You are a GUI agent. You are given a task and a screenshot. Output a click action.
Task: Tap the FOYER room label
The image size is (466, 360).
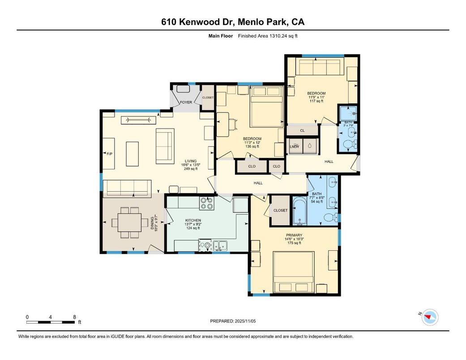point(186,103)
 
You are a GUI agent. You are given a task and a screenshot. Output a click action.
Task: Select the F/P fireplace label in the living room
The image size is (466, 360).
point(109,154)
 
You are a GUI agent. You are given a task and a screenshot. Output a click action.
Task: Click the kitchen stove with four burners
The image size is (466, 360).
point(206,203)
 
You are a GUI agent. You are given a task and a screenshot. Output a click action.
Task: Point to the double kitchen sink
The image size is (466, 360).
point(219,245)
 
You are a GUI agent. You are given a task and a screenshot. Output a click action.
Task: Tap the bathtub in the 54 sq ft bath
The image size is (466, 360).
point(299,212)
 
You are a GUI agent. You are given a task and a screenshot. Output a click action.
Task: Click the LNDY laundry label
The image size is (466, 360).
point(294,146)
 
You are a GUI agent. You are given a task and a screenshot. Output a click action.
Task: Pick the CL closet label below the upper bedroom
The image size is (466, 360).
point(302,130)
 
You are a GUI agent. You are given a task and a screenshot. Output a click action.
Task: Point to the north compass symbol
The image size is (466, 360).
point(430,317)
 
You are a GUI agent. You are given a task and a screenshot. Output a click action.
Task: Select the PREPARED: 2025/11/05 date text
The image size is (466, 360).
point(233,321)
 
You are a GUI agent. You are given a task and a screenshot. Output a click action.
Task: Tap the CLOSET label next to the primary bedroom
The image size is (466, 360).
point(280,210)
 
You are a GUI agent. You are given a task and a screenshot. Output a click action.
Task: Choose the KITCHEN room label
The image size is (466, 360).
point(193,220)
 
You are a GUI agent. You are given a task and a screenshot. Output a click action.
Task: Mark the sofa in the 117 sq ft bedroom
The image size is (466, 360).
point(320,68)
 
